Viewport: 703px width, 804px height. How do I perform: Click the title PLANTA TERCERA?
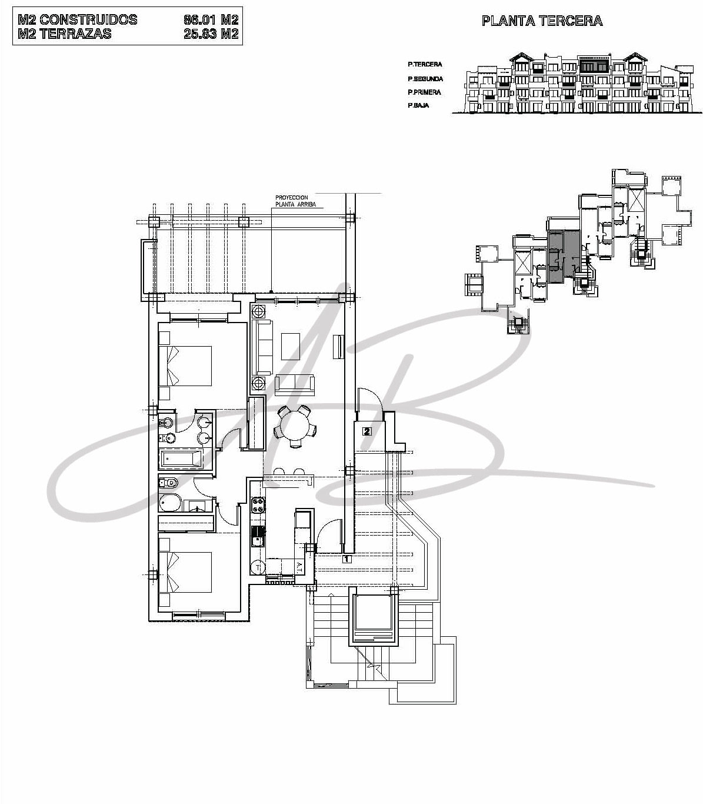point(542,21)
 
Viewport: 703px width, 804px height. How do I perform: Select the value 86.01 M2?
point(211,19)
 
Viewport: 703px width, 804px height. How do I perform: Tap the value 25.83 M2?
point(211,34)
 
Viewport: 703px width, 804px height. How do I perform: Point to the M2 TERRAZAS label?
point(65,34)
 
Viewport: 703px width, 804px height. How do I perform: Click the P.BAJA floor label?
point(418,105)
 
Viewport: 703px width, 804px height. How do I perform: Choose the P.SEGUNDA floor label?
point(425,79)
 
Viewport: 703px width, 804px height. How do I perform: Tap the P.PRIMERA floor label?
point(424,92)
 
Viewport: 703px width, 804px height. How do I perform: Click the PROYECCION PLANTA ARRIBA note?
point(295,201)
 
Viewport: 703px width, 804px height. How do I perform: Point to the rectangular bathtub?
point(181,459)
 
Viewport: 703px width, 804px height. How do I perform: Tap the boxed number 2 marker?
point(367,431)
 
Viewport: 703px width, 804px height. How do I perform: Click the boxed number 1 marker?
point(346,559)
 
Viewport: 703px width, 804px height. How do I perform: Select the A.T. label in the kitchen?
point(299,566)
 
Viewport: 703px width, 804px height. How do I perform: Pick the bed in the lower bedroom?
point(185,572)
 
